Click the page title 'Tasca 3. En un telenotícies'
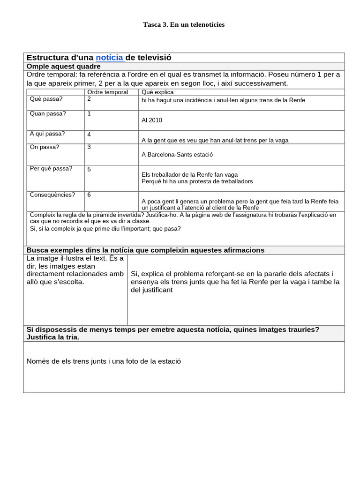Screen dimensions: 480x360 tap(183, 24)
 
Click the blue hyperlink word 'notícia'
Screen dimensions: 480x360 tap(109, 58)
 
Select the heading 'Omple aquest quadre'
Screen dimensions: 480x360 tap(63, 67)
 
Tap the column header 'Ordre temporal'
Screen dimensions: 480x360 tap(108, 92)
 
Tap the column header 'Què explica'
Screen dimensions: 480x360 tap(157, 92)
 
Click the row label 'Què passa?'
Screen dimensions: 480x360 tap(46, 99)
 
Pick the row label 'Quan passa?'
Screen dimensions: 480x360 tap(48, 113)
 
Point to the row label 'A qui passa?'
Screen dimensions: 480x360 tap(47, 134)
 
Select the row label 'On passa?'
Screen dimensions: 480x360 tap(45, 147)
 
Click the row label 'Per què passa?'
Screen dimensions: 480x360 tap(51, 169)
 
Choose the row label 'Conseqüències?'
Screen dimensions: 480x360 tap(52, 195)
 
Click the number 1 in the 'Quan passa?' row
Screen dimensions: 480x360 tap(89, 113)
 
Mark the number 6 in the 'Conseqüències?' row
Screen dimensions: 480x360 tap(89, 195)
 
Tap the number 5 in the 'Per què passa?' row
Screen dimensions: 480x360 tap(89, 169)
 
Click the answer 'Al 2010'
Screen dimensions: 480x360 tap(152, 120)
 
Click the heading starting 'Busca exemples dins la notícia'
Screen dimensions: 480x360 tap(145, 250)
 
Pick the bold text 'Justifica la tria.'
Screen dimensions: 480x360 tap(53, 337)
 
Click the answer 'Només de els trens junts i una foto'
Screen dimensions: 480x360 tap(104, 361)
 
